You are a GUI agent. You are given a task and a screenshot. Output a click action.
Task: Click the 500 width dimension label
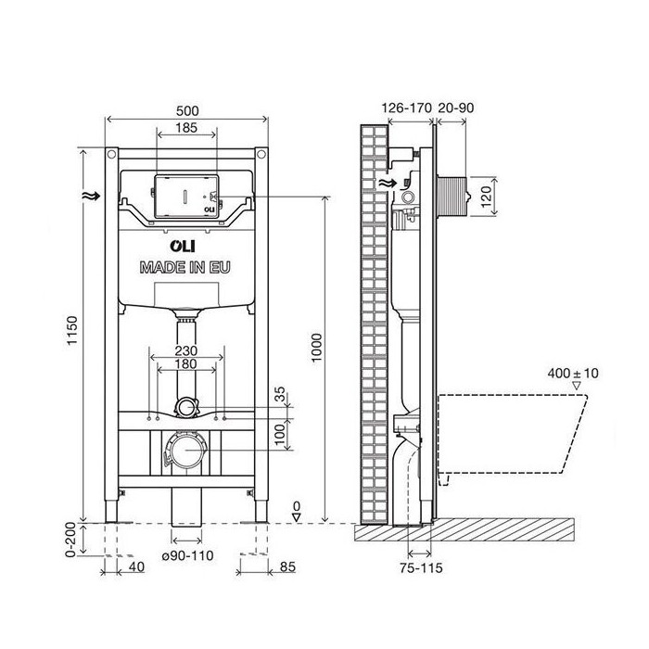tap(187, 111)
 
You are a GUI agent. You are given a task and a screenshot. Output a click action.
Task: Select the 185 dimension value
tap(186, 128)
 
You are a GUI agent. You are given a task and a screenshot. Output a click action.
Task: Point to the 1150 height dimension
tap(72, 330)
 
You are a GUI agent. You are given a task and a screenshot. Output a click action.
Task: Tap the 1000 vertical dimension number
tap(317, 348)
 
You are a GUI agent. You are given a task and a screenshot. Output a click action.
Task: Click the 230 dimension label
tap(185, 351)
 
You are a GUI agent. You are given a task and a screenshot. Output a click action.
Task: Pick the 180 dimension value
tap(185, 364)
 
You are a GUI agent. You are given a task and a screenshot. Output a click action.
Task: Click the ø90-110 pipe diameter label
tap(187, 555)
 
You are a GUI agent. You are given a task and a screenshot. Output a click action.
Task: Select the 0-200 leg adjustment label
tap(70, 540)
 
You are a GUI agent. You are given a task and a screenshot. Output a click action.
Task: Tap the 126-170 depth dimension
tap(406, 108)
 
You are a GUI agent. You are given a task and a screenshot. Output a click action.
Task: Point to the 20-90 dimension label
tap(456, 108)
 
